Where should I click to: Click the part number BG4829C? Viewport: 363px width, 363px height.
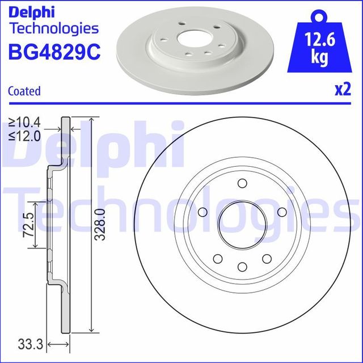pos(53,52)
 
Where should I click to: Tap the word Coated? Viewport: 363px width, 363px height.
pos(24,91)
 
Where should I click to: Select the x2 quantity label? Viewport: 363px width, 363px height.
pos(342,90)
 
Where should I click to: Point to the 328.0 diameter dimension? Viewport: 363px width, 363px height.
pos(100,224)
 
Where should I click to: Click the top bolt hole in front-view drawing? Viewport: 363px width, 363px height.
pos(242,183)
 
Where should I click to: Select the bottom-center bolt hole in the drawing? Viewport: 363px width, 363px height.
pos(242,267)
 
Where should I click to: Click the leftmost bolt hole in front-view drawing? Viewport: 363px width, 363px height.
pos(202,212)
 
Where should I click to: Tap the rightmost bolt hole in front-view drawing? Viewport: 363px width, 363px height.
pos(282,212)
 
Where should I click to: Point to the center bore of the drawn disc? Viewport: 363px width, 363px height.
pos(242,225)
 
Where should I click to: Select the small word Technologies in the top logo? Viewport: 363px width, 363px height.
pos(54,28)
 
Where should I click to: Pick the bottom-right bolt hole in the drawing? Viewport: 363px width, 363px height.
pos(267,259)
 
